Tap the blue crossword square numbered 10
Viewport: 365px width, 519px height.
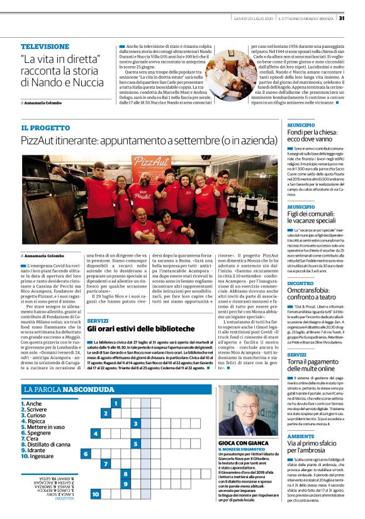coord(95,494)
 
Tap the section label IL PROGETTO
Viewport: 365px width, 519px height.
coord(45,128)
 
